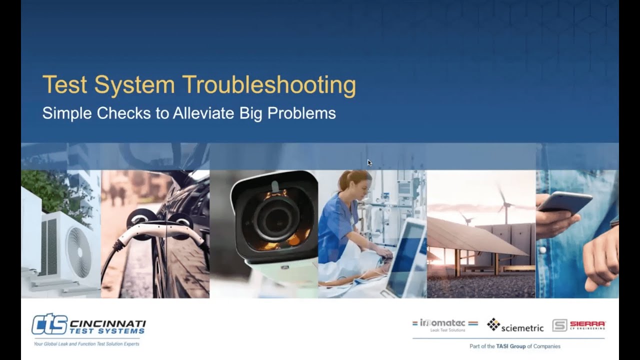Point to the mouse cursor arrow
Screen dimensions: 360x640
(369, 162)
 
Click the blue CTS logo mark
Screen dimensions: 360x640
(49, 324)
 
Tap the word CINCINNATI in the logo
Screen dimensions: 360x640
(108, 323)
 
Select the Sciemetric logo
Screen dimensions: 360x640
(515, 325)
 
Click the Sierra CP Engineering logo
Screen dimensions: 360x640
(579, 325)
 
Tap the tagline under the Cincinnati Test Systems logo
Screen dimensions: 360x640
(86, 344)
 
